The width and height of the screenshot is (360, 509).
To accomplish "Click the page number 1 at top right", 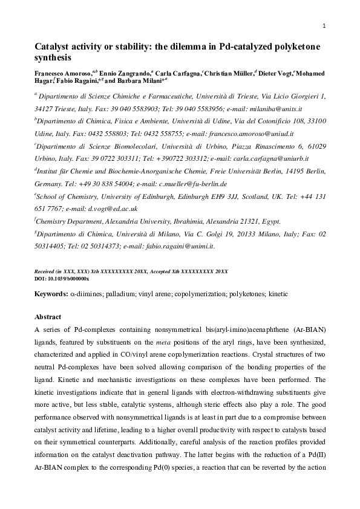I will (x=325, y=26).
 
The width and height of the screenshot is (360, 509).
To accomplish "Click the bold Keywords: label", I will (x=50, y=294).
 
